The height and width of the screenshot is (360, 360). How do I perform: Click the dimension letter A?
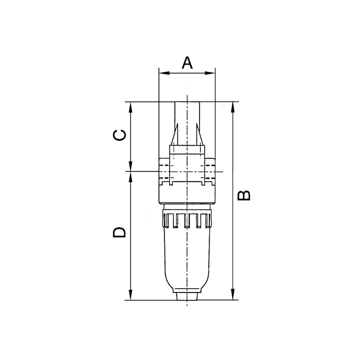187,63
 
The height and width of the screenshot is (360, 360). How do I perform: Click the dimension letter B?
244,195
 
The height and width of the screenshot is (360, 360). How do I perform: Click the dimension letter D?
120,232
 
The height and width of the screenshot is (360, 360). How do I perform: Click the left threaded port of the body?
164,172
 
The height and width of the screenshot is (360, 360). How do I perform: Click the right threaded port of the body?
210,172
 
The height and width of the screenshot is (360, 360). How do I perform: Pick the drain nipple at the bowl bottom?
187,296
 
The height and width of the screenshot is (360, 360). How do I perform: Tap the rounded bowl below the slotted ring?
187,260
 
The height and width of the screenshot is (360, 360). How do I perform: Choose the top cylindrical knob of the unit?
187,116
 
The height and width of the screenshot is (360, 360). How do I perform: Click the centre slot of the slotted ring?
187,220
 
